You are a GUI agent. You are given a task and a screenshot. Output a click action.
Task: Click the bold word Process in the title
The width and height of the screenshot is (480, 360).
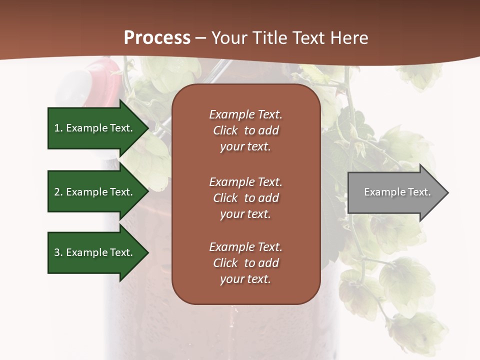tap(157, 38)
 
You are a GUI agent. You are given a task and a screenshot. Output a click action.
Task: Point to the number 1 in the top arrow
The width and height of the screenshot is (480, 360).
tap(57, 128)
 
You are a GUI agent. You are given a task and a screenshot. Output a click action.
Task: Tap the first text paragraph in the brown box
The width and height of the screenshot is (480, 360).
tap(245, 130)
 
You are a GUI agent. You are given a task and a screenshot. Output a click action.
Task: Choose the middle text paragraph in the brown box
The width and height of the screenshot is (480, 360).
tap(245, 198)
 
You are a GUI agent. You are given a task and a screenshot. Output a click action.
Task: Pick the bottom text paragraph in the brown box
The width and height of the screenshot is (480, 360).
tap(245, 263)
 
